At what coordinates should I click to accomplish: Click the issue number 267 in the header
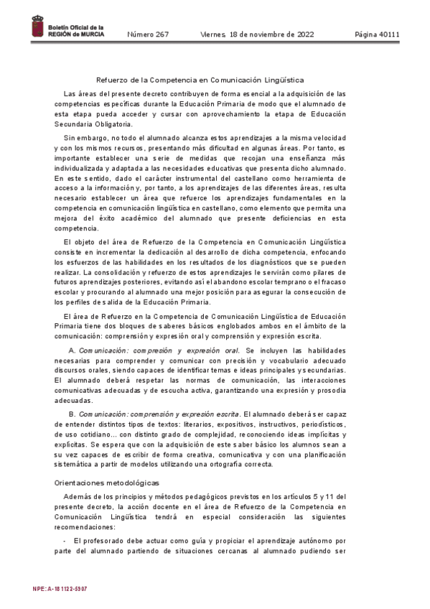click(148, 34)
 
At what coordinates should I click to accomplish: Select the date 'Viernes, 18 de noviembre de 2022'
click(259, 34)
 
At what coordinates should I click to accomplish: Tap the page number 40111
click(378, 34)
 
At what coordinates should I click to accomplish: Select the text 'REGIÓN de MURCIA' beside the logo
click(76, 34)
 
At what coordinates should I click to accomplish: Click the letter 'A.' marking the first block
click(72, 350)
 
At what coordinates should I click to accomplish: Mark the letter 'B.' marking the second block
click(72, 414)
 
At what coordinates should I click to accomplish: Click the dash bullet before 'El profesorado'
click(65, 540)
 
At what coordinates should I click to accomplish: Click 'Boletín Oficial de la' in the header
click(76, 27)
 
